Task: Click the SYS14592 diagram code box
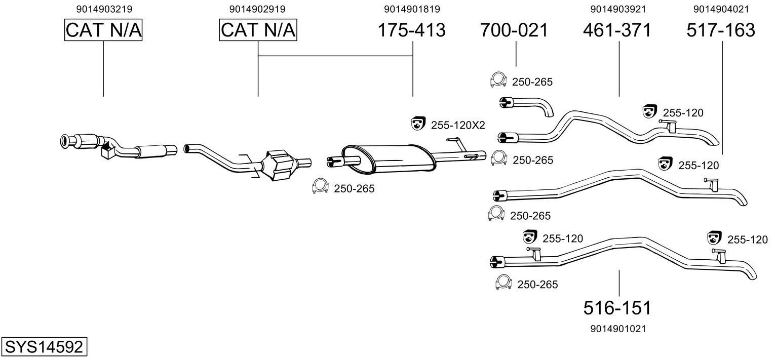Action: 44,347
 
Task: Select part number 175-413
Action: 412,30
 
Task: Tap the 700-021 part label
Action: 514,30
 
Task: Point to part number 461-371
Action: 616,30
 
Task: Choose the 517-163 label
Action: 720,30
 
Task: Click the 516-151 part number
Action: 616,307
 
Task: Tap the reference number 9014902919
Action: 257,9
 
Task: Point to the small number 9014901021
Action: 618,329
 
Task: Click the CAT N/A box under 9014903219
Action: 103,30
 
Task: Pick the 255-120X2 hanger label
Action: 458,125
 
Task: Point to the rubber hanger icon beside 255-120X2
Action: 418,123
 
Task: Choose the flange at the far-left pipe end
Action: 66,142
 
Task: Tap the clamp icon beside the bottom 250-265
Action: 503,283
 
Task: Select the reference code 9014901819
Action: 412,9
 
